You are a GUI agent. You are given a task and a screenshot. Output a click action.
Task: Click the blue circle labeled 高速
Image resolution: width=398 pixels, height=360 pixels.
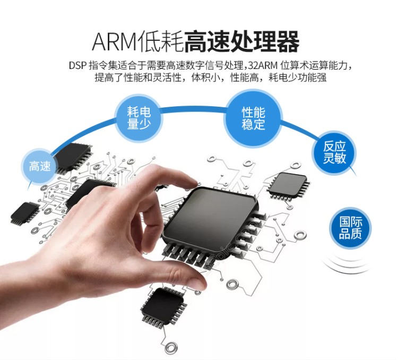(x=39, y=166)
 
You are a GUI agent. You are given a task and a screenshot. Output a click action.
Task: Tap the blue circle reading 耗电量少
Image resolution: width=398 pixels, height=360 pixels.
(x=139, y=118)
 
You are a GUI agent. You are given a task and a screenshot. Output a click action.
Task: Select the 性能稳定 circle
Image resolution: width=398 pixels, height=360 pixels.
(x=253, y=118)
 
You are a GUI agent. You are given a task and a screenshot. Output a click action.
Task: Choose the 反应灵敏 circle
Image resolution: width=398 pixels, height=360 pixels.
(x=334, y=152)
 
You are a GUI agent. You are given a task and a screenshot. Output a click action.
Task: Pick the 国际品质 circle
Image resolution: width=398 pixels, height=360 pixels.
(x=350, y=228)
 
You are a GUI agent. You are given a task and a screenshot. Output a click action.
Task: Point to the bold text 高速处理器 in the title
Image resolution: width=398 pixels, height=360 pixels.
(x=241, y=41)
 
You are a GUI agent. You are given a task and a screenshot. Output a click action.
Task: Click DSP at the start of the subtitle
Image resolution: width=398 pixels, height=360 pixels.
(x=77, y=65)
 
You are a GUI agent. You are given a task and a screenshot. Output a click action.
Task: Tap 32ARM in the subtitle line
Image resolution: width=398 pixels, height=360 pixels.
(x=263, y=65)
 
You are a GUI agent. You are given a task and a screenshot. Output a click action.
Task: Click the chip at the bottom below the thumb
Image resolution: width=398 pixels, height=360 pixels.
(x=163, y=307)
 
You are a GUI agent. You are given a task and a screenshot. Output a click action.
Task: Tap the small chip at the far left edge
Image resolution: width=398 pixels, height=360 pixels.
(x=24, y=213)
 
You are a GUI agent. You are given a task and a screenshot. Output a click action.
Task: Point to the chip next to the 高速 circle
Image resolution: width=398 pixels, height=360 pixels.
(x=73, y=158)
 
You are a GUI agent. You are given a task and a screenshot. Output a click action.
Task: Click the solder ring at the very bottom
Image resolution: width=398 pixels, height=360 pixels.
(x=170, y=348)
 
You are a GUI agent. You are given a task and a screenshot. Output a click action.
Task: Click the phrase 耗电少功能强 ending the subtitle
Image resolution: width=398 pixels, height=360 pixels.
(x=298, y=78)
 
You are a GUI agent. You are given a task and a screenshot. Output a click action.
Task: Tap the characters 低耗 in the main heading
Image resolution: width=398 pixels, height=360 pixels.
(x=161, y=41)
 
